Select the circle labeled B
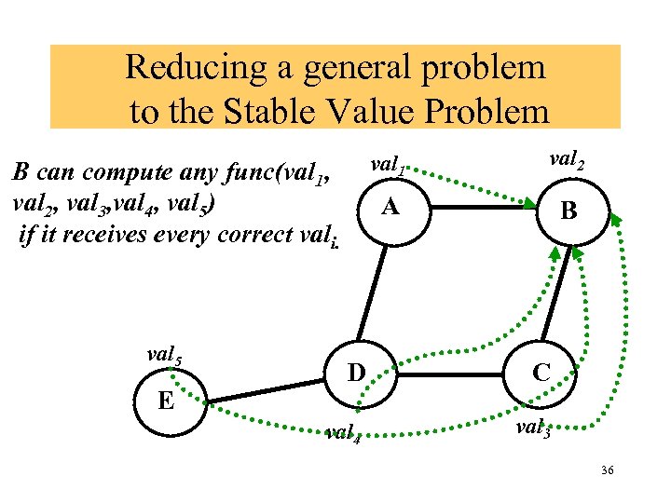click(568, 212)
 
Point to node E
click(167, 401)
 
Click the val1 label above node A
click(387, 165)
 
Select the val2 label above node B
click(568, 159)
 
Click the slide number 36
click(608, 474)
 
